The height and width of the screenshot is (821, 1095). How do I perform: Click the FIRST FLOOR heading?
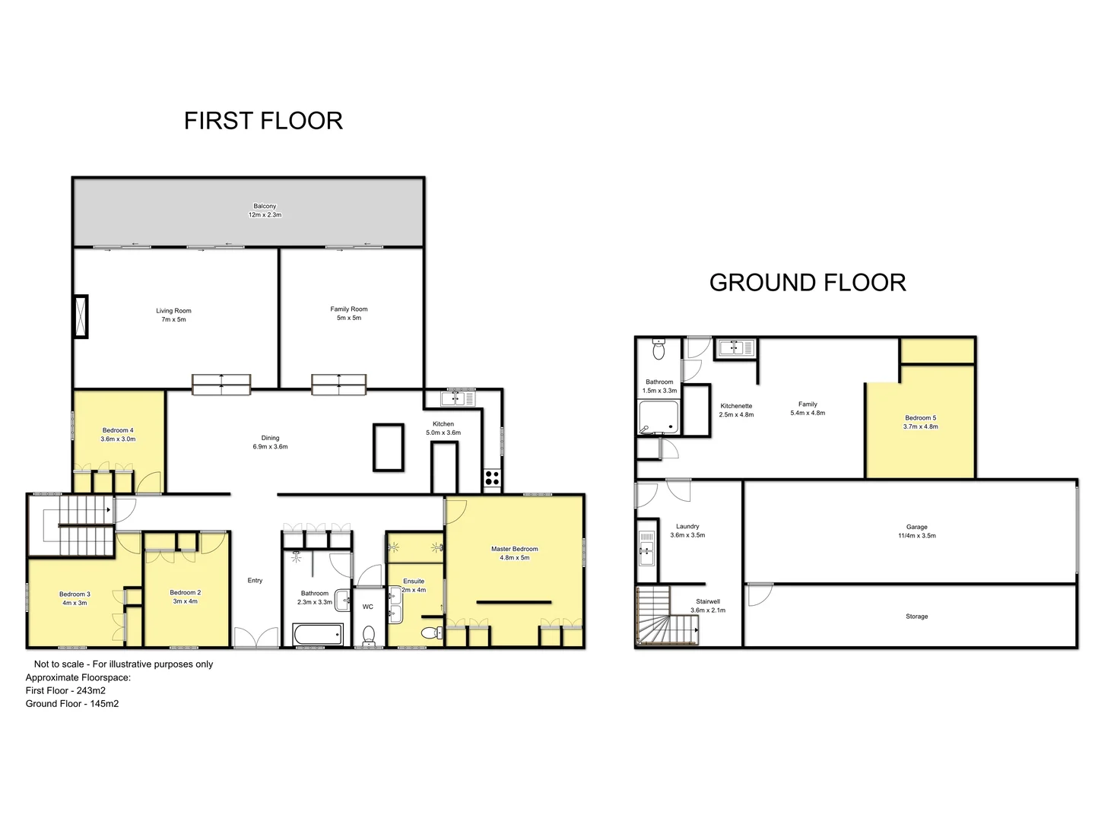[x=263, y=121]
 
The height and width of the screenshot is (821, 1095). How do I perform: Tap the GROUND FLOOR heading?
[x=808, y=283]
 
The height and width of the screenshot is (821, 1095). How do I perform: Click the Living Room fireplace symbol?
[x=80, y=316]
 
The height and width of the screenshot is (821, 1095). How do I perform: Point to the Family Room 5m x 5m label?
[x=349, y=313]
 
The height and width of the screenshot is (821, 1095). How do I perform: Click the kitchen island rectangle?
[x=388, y=448]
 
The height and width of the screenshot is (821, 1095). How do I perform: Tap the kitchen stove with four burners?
[x=492, y=478]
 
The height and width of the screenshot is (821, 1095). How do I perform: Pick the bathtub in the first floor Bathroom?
[x=318, y=634]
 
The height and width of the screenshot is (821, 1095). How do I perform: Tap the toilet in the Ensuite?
[x=431, y=632]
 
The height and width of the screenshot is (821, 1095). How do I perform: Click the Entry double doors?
[x=255, y=638]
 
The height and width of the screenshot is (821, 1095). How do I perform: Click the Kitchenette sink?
[x=735, y=347]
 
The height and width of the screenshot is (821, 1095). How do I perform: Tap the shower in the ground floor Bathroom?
[x=659, y=417]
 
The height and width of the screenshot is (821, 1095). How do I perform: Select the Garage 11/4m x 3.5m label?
[x=916, y=531]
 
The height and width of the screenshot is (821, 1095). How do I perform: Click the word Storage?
[x=916, y=617]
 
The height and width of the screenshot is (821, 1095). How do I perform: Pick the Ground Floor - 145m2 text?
[x=72, y=704]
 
